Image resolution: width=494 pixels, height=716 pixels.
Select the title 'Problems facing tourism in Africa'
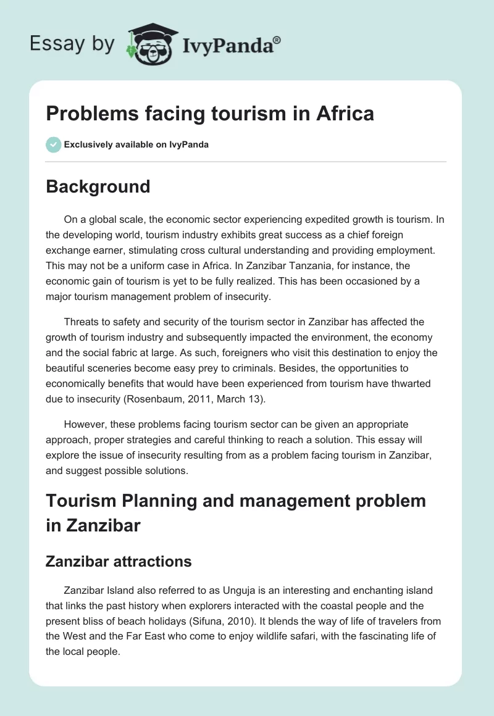210,114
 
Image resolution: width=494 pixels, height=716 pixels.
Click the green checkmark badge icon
53,144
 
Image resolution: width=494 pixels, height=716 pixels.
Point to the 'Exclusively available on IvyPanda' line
136,145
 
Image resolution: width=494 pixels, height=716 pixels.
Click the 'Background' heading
98,186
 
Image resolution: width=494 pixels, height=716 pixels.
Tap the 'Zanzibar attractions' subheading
119,561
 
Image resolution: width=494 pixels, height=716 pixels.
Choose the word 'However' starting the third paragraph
82,425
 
